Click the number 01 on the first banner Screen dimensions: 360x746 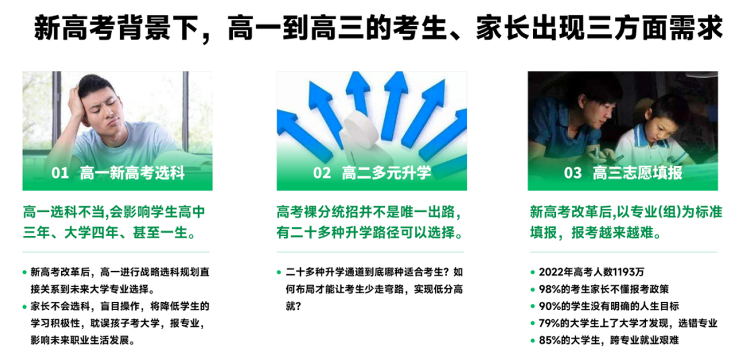pyautogui.click(x=59, y=173)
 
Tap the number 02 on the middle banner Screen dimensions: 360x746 pyautogui.click(x=322, y=173)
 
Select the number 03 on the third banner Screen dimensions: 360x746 pyautogui.click(x=573, y=173)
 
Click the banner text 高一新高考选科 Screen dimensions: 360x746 pyautogui.click(x=132, y=173)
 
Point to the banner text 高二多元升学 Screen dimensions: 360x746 pyautogui.click(x=386, y=173)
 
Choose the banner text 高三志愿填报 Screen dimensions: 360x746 pyautogui.click(x=637, y=173)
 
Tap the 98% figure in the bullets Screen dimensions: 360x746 pyautogui.click(x=550, y=289)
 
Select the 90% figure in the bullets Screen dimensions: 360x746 pyautogui.click(x=550, y=306)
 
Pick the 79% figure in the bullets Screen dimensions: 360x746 pyautogui.click(x=550, y=323)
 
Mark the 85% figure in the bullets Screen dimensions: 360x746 pyautogui.click(x=550, y=340)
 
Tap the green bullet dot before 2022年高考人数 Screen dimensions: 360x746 pyautogui.click(x=532, y=272)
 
